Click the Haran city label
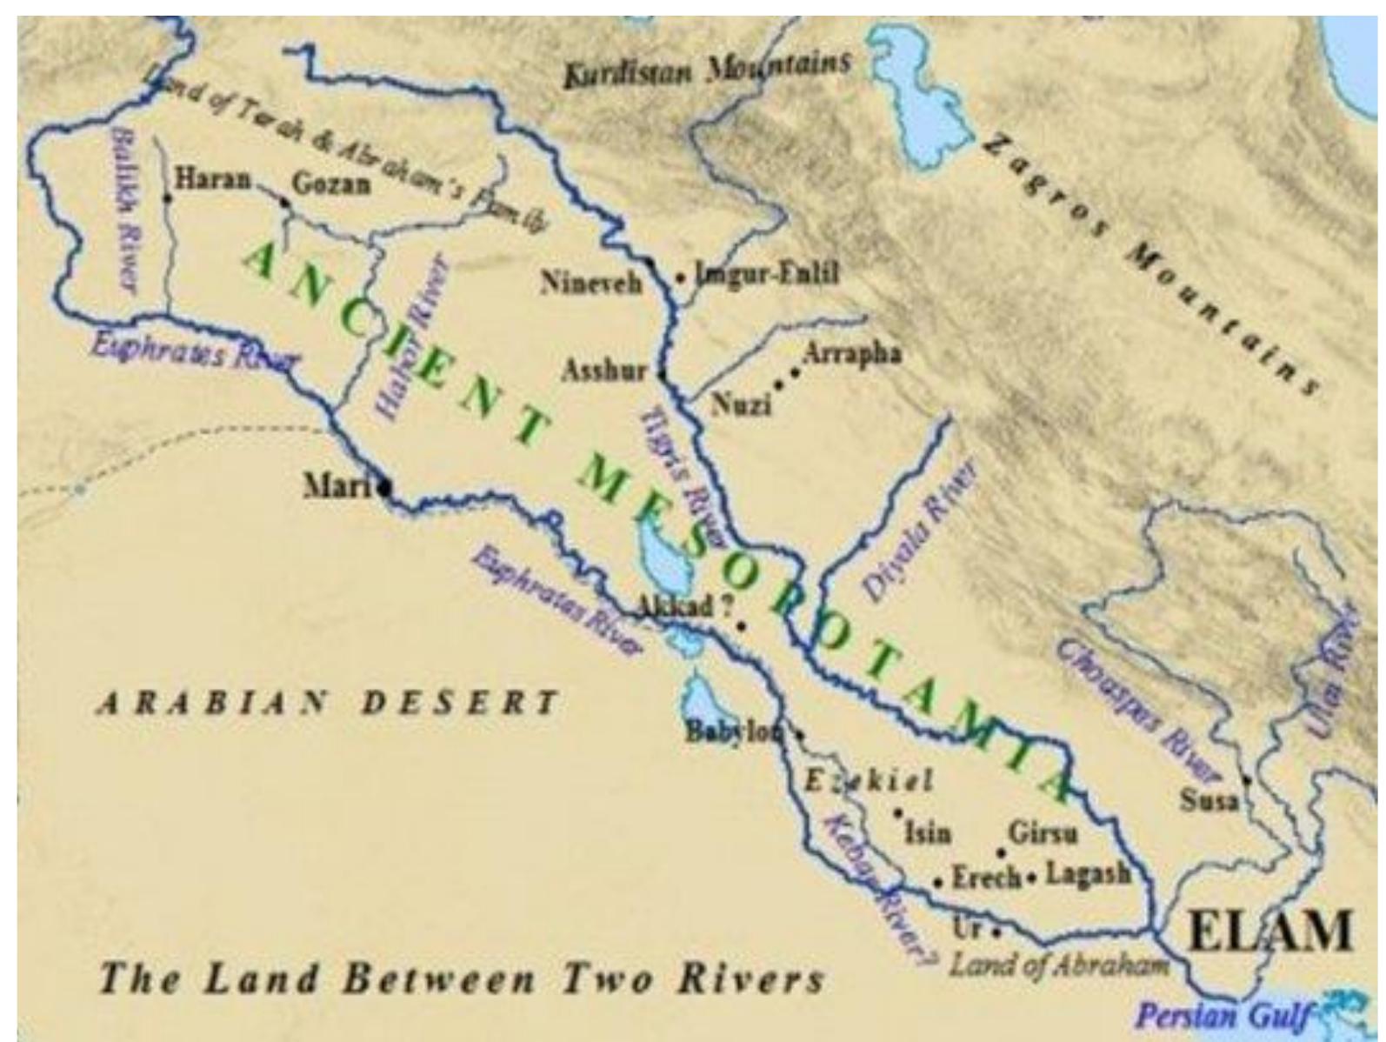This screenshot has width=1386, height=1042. coord(213,180)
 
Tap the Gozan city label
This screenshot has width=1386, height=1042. coord(331,184)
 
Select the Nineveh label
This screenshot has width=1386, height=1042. coord(590,283)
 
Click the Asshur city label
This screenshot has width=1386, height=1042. coord(603,371)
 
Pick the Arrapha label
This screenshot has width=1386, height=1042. coord(851,354)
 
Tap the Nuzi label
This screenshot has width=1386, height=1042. coord(741,404)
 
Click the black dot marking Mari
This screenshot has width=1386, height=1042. coord(385,489)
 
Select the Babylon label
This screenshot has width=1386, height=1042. coord(733,731)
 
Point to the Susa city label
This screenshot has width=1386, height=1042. coord(1208,799)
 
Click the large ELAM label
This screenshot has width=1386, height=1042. coord(1269,931)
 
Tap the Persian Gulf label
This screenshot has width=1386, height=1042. coord(1221,1015)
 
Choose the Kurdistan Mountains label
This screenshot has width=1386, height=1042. coord(705,70)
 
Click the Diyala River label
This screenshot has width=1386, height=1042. coord(918,531)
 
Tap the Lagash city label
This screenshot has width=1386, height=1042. coord(1087,873)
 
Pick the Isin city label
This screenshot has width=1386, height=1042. coord(927,833)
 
